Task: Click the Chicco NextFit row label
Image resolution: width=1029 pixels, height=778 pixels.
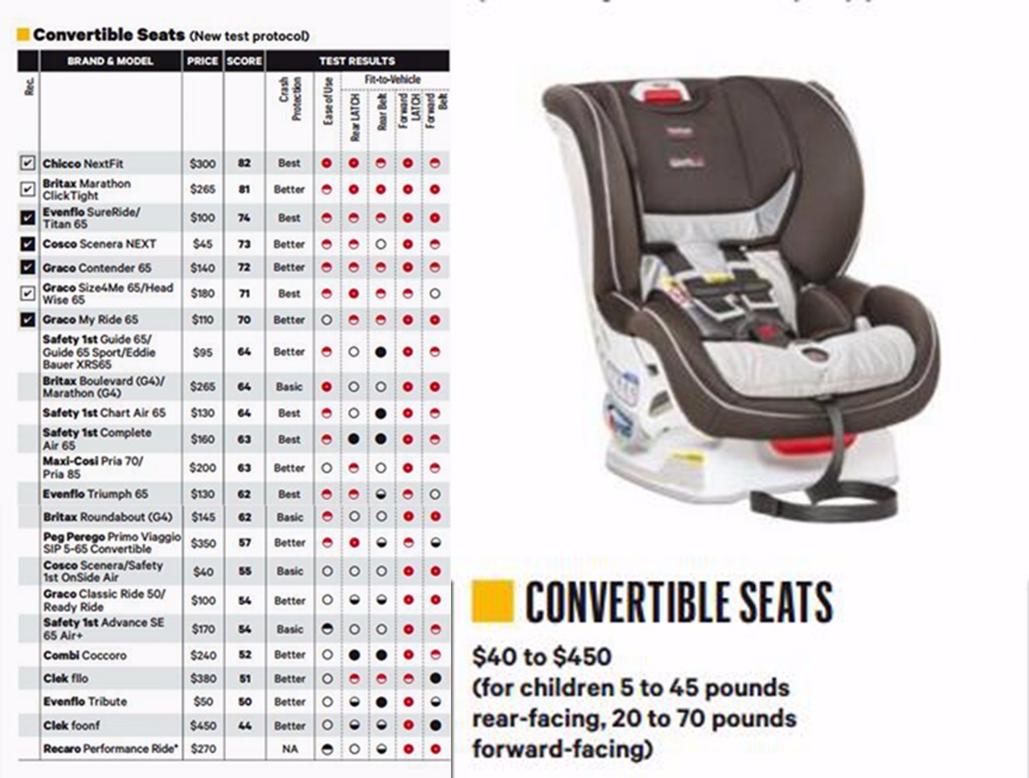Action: (83, 163)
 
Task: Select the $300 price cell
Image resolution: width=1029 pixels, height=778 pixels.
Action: (203, 163)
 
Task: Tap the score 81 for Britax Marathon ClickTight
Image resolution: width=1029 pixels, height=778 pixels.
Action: (244, 190)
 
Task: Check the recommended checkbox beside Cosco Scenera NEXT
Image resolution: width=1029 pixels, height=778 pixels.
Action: (28, 244)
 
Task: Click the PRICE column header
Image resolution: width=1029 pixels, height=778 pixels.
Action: (203, 61)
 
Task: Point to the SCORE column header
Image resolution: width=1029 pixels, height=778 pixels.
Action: (244, 61)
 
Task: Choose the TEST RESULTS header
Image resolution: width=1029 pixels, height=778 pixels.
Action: (357, 61)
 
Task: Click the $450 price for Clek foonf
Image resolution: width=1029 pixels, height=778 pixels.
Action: (203, 726)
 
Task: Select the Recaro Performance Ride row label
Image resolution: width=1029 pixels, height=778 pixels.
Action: (110, 749)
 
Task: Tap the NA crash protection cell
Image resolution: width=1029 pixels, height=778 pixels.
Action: (289, 749)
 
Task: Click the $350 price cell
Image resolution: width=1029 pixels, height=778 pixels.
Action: (203, 543)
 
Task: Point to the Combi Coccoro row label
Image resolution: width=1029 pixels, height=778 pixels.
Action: (84, 656)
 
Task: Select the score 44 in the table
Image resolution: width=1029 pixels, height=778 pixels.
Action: (244, 726)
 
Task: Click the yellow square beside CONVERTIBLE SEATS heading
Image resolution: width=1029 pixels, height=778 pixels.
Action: (492, 602)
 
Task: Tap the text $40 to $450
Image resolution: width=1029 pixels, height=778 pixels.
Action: (541, 657)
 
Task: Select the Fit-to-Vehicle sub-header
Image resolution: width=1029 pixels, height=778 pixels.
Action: (392, 80)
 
